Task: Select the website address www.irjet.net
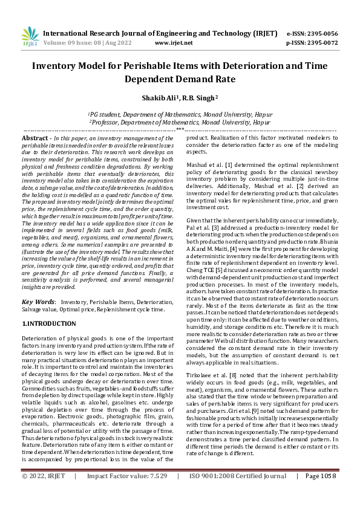(x=174, y=43)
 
